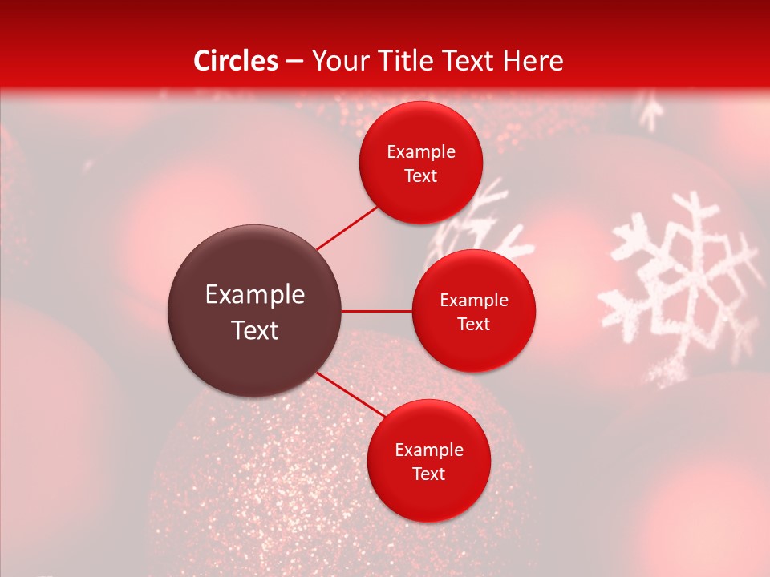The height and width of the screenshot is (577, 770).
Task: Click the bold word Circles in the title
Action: (235, 61)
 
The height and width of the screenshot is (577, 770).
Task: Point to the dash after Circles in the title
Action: (294, 62)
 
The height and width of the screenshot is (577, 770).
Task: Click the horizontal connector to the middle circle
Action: (376, 311)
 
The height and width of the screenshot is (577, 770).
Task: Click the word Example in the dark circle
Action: (255, 295)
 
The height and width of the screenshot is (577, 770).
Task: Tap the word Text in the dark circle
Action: (255, 330)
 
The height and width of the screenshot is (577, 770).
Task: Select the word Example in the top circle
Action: (420, 152)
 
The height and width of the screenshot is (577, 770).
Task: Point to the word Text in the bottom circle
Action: (428, 474)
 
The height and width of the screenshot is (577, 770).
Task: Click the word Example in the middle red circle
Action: (473, 301)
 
